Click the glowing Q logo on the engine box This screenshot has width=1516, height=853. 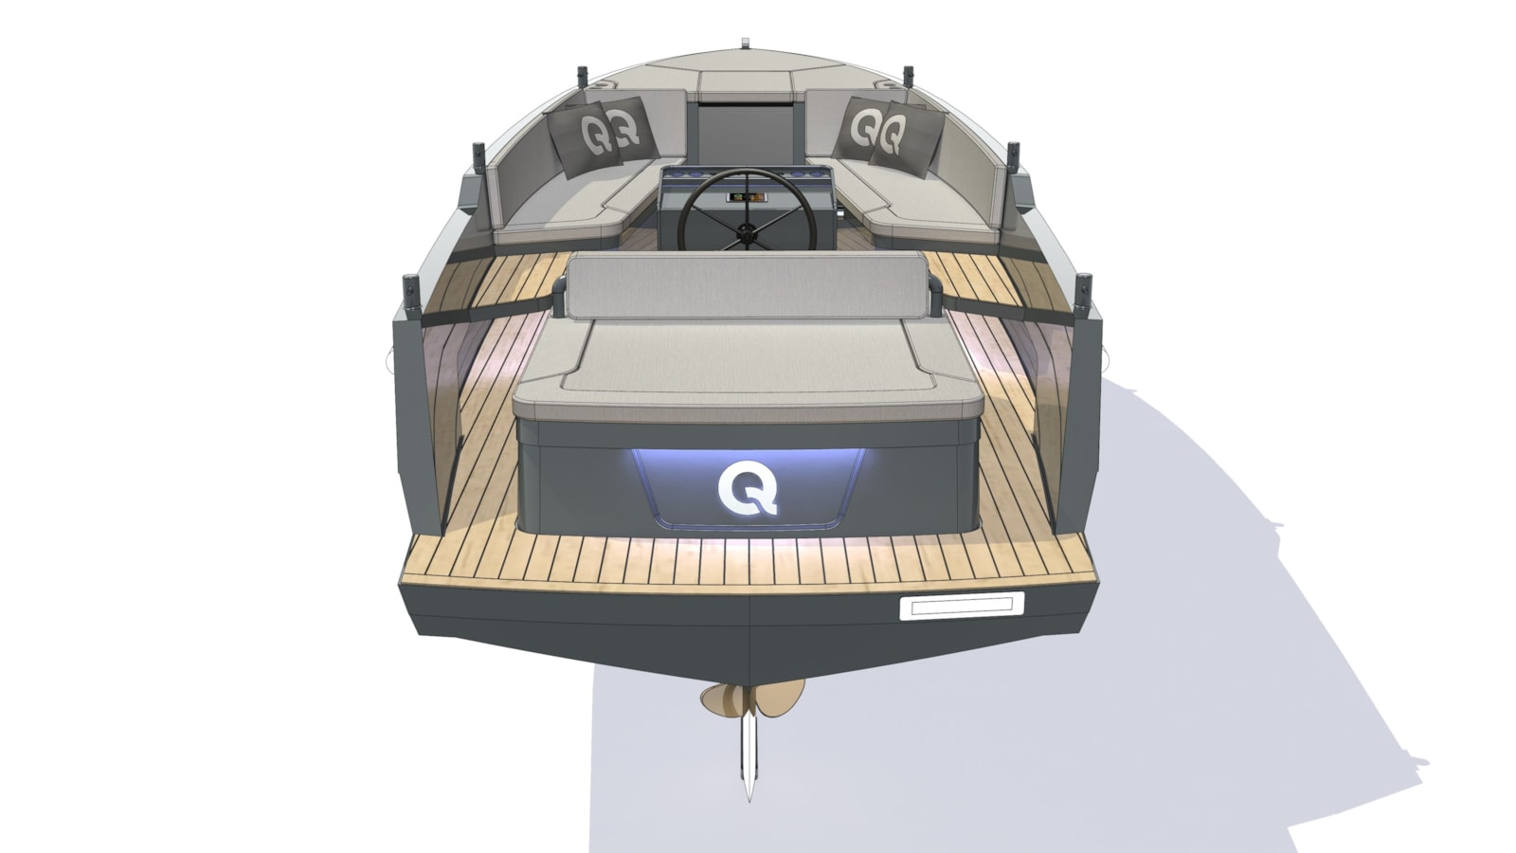748,489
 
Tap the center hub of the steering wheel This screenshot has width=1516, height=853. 747,234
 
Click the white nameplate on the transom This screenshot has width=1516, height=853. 961,606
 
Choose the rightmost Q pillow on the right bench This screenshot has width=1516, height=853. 906,138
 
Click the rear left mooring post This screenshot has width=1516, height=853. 411,295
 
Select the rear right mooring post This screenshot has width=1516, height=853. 1083,294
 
